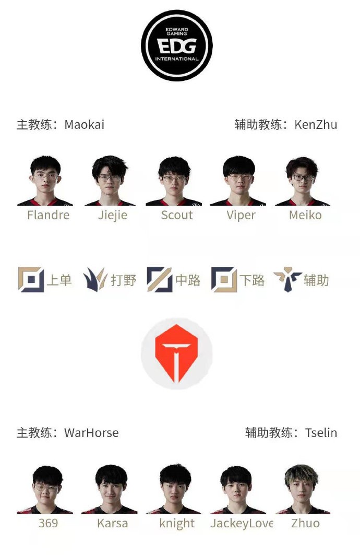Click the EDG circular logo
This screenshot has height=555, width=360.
[x=177, y=45]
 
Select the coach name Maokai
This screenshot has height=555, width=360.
[x=84, y=125]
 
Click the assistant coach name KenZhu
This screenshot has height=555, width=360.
[x=316, y=125]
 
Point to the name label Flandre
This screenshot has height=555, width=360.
[x=49, y=215]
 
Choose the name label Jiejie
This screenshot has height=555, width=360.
[x=113, y=216]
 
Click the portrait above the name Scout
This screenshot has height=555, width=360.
[x=174, y=181]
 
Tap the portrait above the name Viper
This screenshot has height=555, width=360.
[x=238, y=181]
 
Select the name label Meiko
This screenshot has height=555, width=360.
[x=306, y=215]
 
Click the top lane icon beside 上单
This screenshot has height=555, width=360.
[x=31, y=280]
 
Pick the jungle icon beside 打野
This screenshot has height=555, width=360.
[x=95, y=280]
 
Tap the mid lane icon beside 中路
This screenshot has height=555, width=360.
[x=160, y=280]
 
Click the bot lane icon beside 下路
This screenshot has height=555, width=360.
[x=224, y=280]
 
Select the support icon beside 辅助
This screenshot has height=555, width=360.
[x=287, y=279]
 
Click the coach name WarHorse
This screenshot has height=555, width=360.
[x=91, y=433]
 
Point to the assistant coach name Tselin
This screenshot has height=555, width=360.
[x=321, y=433]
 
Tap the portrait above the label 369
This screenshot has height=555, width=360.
[x=45, y=489]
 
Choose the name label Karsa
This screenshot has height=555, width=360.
[x=113, y=524]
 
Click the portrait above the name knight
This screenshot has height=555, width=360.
[x=174, y=489]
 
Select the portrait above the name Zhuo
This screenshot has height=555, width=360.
[x=303, y=489]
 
